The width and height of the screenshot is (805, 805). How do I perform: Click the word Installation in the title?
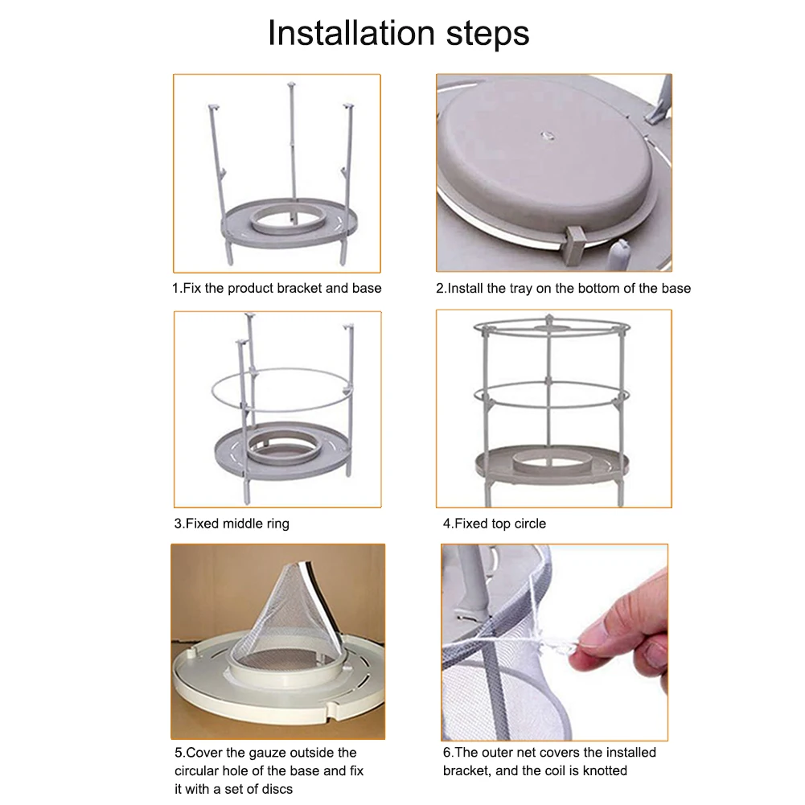coord(351,33)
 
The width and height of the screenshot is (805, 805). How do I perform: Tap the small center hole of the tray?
coord(546,136)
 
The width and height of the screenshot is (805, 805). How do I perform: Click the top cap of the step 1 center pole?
coord(292,84)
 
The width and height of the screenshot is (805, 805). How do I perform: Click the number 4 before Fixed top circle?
coord(446,524)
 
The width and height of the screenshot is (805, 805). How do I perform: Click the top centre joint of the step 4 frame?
coord(549,319)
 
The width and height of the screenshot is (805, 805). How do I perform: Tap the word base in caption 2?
coord(676,289)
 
